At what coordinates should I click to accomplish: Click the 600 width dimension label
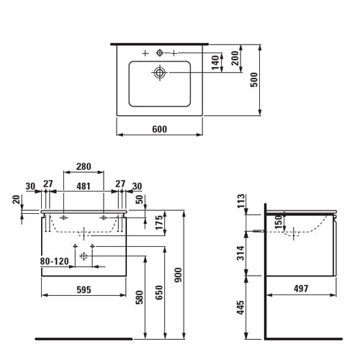point(160,130)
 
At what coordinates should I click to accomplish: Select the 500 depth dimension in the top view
point(253,80)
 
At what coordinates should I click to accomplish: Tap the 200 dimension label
point(235,58)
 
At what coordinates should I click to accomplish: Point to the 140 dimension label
point(215,63)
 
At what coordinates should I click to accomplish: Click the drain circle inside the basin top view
point(160,72)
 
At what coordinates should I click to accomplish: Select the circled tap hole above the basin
point(160,53)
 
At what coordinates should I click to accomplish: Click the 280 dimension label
point(84,166)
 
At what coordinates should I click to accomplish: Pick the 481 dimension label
point(84,186)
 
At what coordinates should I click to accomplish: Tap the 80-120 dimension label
point(55,261)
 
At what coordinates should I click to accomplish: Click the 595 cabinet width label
point(84,289)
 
